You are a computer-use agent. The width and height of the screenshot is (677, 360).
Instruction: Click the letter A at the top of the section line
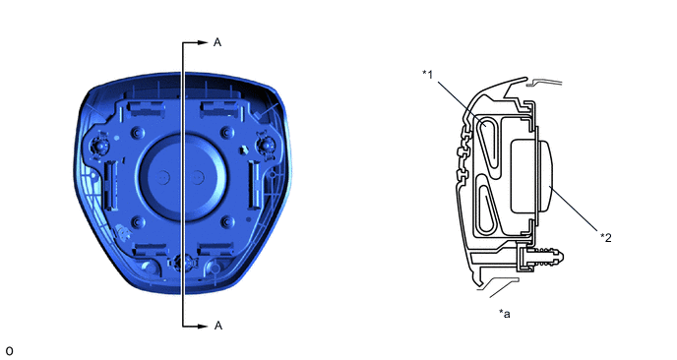point(217,42)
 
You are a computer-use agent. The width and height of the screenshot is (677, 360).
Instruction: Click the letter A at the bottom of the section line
point(218,326)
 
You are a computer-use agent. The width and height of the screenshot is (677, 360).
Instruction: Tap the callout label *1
point(427,74)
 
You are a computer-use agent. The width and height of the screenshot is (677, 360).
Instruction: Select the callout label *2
point(606,237)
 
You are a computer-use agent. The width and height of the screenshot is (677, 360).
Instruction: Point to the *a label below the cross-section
point(504,314)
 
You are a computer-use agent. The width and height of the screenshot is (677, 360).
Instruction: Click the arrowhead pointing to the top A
point(203,42)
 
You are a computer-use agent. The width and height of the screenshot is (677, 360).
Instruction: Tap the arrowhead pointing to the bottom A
point(203,326)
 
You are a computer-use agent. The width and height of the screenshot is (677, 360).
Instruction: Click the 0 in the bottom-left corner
point(9,351)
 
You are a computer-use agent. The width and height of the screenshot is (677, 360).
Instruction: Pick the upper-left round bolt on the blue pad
point(138,132)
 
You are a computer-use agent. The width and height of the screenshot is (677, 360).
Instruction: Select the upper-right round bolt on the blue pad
point(227,132)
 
